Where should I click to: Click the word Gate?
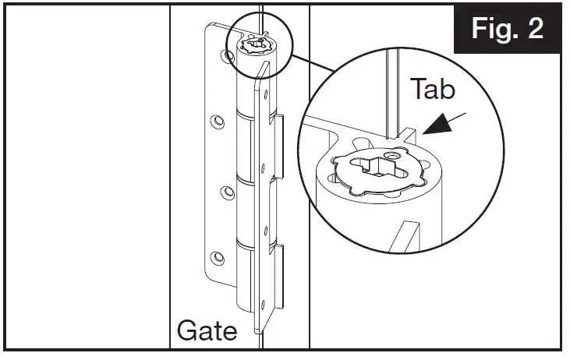pyautogui.click(x=207, y=330)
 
